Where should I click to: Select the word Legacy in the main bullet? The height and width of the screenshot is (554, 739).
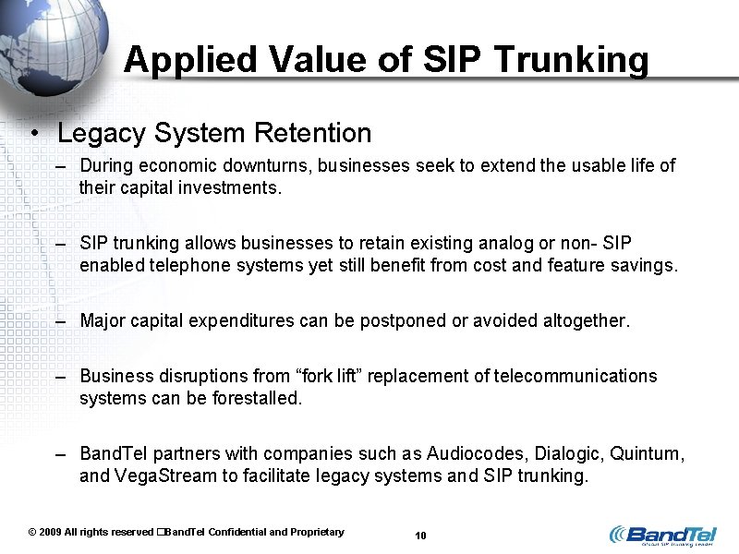[x=102, y=133]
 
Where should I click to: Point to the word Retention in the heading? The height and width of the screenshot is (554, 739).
[x=312, y=133]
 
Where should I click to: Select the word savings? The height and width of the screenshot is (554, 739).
[x=646, y=266]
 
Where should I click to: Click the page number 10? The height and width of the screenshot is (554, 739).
[x=420, y=536]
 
